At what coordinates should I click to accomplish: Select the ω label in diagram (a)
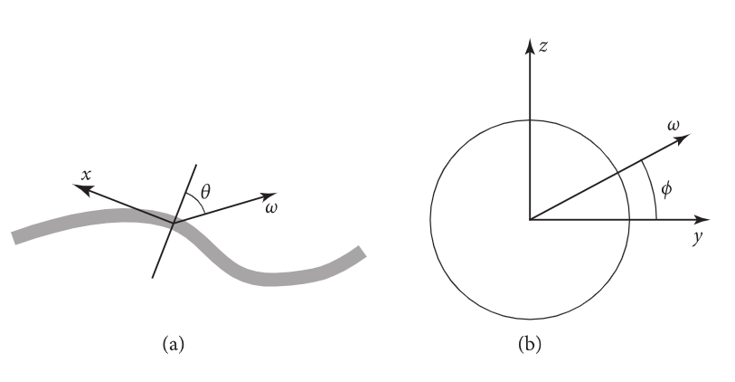[x=271, y=210]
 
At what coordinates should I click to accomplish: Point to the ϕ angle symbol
[x=666, y=192]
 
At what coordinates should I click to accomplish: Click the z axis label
[x=542, y=45]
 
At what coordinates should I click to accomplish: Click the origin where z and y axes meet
[x=531, y=219]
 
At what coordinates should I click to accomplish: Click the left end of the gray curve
[x=15, y=237]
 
